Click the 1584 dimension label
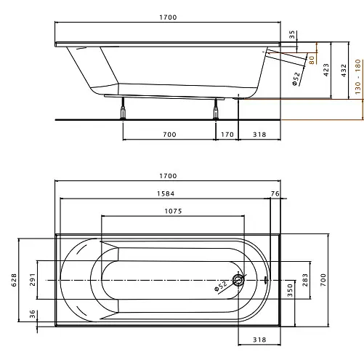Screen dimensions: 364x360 click(x=166, y=193)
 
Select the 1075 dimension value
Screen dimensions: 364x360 click(x=173, y=211)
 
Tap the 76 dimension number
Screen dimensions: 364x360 click(x=275, y=193)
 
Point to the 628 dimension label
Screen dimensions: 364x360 click(x=14, y=280)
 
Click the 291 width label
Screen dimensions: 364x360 click(x=33, y=279)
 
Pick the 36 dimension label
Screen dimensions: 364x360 click(x=33, y=314)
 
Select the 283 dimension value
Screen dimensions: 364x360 click(x=305, y=280)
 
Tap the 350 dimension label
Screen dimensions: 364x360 click(x=290, y=290)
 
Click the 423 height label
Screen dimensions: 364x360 click(x=326, y=70)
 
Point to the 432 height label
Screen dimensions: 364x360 click(x=344, y=71)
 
